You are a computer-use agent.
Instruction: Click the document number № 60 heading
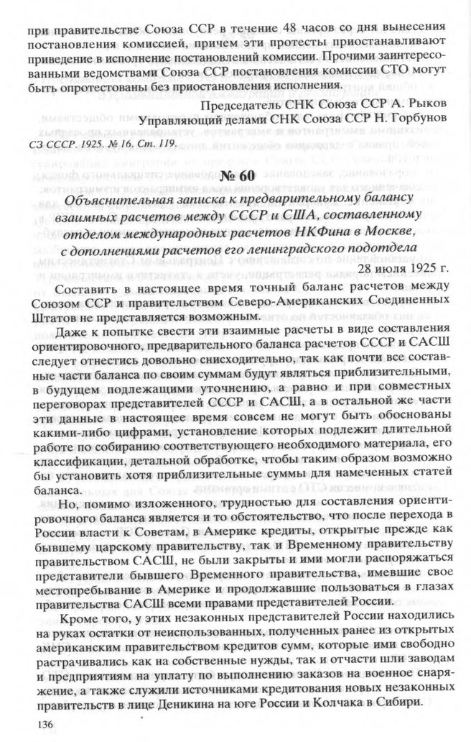pyautogui.click(x=235, y=175)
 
